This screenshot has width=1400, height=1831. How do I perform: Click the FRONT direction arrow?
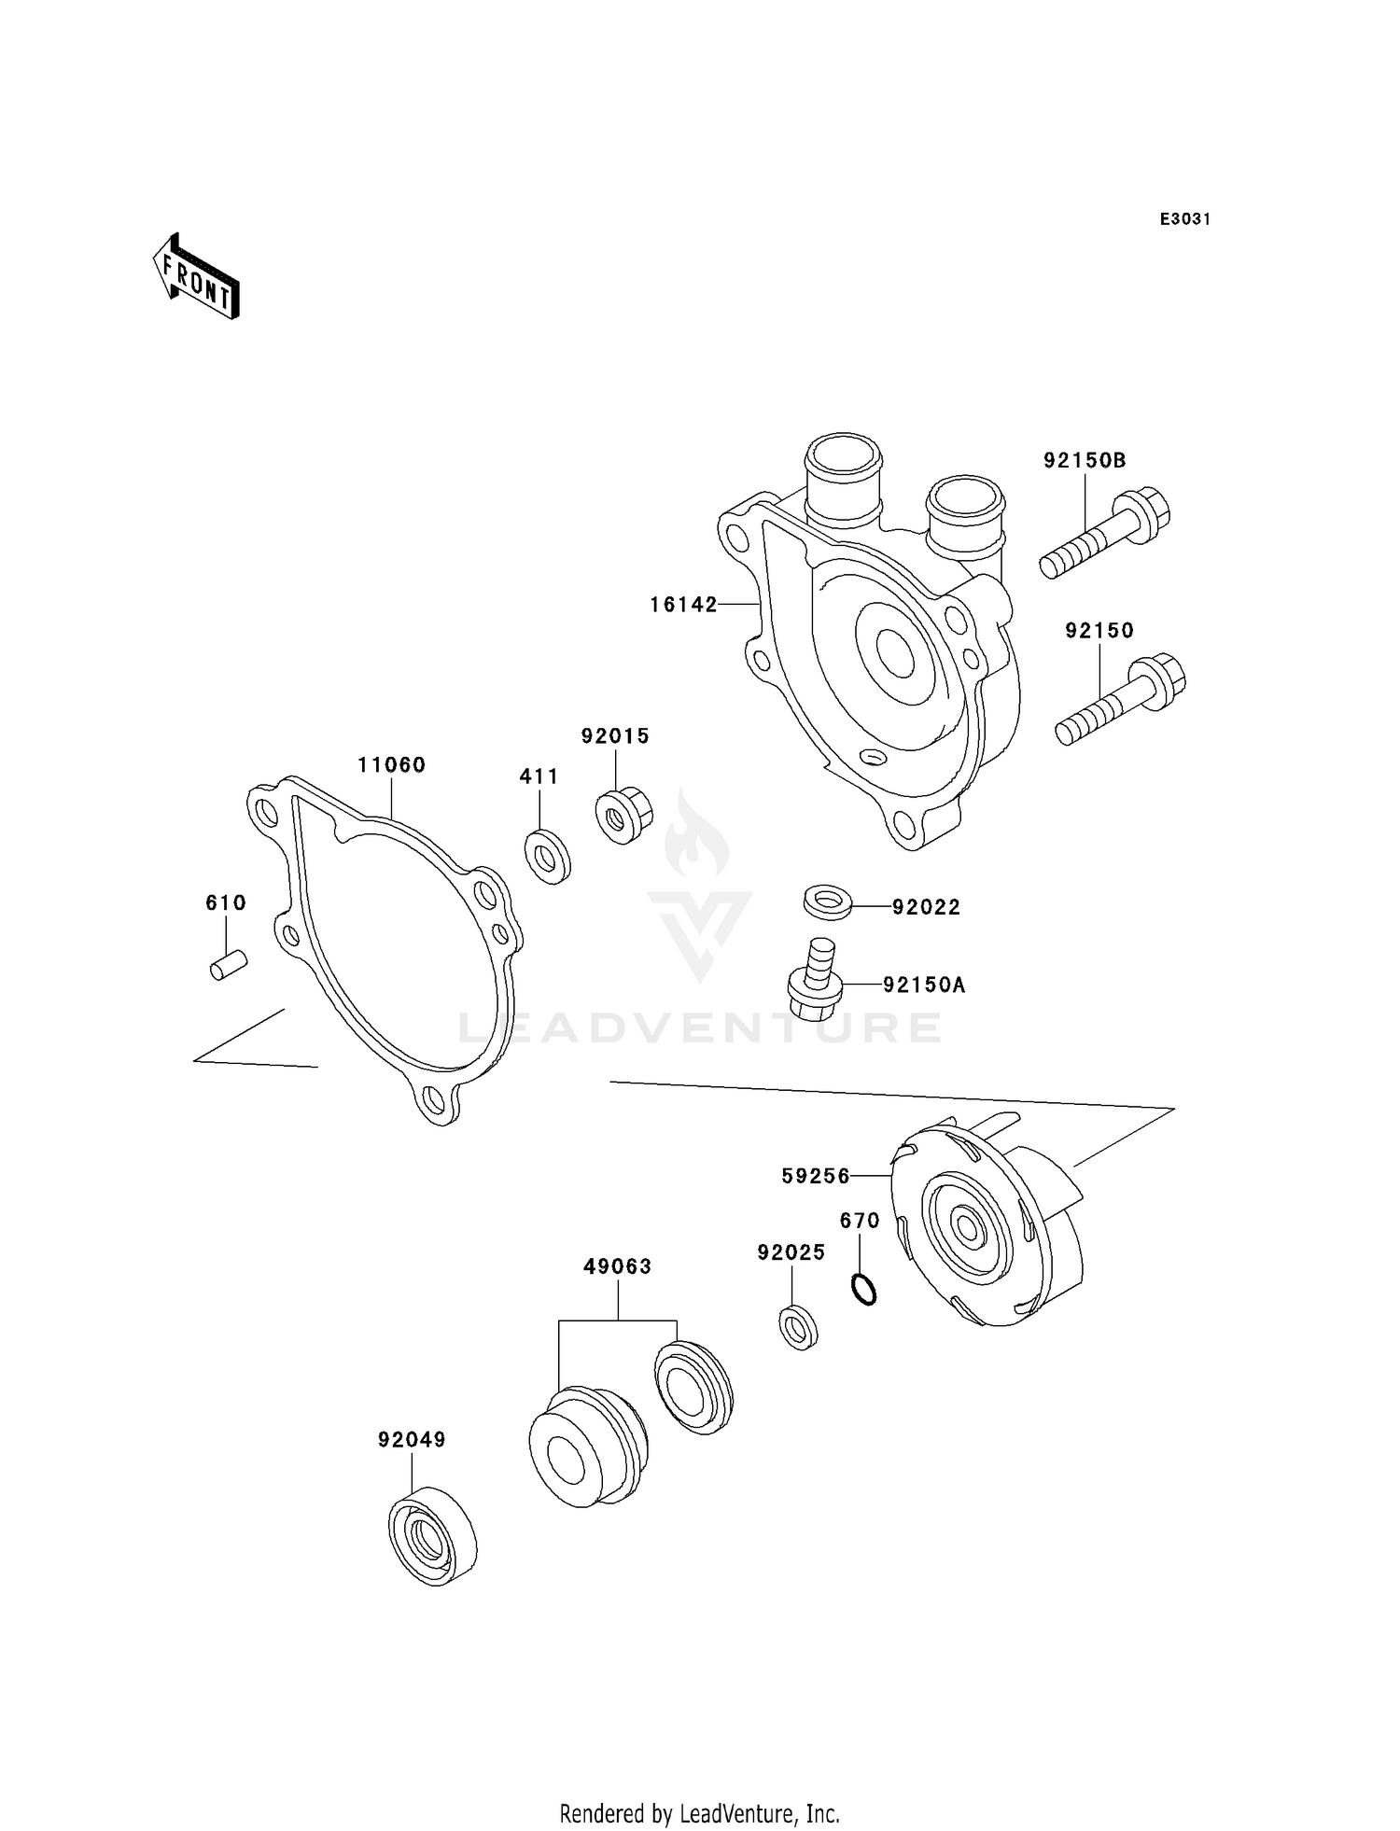point(196,277)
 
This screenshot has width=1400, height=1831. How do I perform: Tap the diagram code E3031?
point(1184,219)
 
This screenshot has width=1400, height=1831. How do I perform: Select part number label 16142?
point(683,605)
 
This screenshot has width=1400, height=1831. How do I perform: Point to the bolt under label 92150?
point(1121,700)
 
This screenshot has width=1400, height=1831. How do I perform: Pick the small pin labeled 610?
point(228,964)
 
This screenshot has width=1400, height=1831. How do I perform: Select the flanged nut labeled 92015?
point(623,816)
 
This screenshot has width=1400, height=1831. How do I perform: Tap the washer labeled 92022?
point(827,902)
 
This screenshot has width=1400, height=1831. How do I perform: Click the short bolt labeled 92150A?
point(817,985)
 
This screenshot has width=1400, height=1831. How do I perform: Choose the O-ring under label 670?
point(864,1291)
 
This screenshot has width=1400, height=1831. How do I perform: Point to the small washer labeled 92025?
point(798,1327)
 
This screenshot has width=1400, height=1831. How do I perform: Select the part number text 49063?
point(617,1266)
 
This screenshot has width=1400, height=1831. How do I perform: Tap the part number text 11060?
point(391,765)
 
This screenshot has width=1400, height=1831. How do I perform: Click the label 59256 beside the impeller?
point(816,1177)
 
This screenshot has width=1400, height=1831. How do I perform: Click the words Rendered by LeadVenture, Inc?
point(699,1812)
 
